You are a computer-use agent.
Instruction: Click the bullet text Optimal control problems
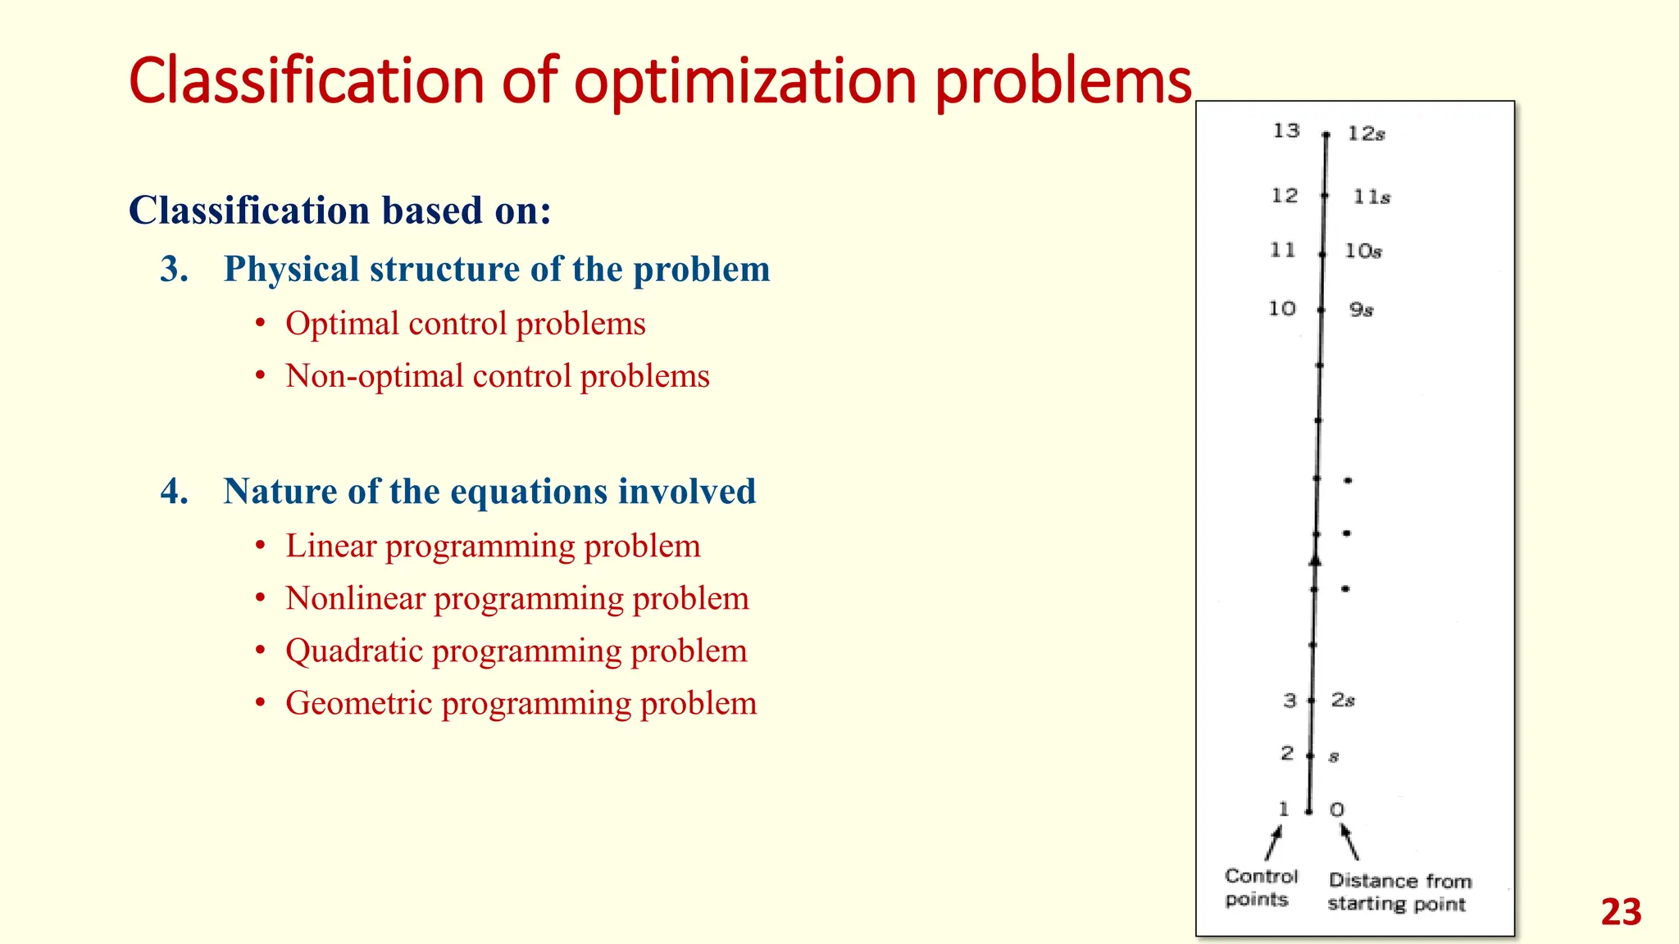click(465, 324)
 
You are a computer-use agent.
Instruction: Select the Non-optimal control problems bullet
click(497, 376)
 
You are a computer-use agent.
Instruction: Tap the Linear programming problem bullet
click(493, 546)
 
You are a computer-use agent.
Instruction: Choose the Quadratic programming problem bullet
click(516, 651)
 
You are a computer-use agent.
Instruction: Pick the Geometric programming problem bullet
click(521, 703)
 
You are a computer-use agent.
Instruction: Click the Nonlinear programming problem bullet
click(516, 598)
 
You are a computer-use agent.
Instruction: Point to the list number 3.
click(174, 270)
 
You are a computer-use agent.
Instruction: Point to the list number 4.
click(174, 492)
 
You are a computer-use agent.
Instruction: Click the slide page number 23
click(1621, 912)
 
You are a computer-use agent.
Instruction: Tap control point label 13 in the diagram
click(1286, 130)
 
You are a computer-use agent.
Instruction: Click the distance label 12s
click(1366, 134)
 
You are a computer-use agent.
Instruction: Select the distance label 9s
click(1361, 310)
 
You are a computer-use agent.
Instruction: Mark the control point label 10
click(1282, 309)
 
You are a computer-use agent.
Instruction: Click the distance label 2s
click(1342, 701)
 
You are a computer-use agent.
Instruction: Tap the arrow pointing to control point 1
click(1273, 842)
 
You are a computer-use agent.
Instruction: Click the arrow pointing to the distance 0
click(1349, 842)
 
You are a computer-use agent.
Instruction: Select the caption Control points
click(1260, 887)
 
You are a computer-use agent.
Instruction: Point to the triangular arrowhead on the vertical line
click(1315, 560)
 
